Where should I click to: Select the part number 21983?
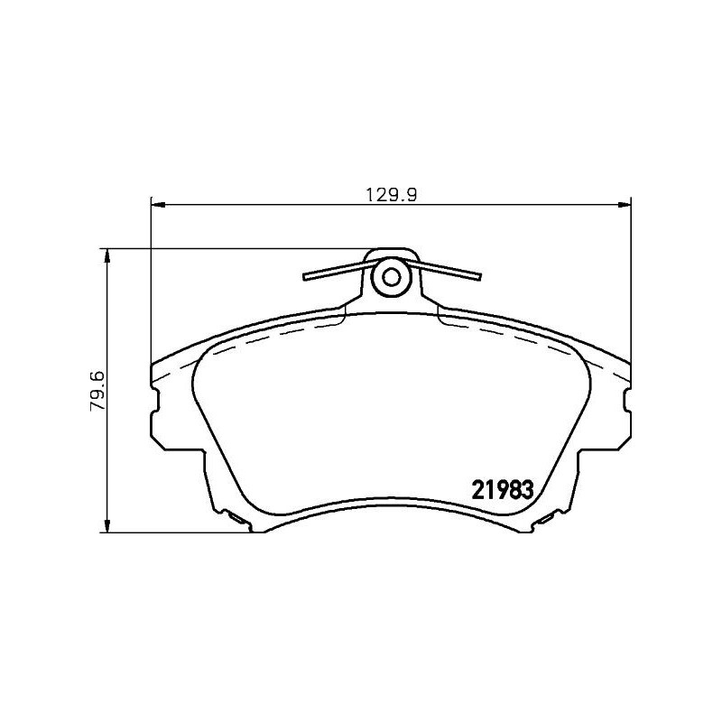point(504,489)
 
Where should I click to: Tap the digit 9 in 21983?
point(497,489)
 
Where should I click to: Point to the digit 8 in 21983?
point(512,489)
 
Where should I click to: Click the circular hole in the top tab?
point(391,276)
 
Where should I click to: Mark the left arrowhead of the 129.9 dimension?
point(155,204)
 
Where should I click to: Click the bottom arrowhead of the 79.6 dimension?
point(108,528)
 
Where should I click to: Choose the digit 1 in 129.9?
point(371,193)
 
